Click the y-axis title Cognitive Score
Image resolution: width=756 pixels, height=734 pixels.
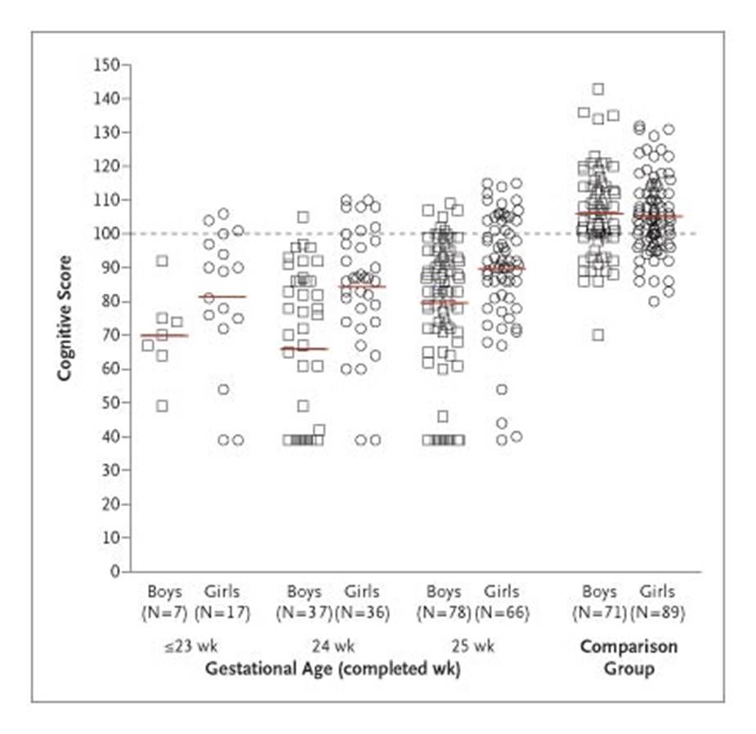[65, 317]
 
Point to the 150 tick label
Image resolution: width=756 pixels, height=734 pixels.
[106, 65]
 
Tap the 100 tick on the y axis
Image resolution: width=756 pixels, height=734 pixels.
[106, 234]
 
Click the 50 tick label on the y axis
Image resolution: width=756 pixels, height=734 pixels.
[110, 403]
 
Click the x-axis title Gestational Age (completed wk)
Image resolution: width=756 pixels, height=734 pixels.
[332, 669]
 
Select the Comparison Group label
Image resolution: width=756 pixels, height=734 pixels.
[629, 657]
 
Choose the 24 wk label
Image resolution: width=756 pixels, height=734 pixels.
[332, 647]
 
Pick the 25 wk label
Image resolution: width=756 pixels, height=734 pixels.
[472, 647]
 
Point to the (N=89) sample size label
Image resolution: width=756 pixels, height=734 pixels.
[657, 612]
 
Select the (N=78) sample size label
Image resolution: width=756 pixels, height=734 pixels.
[444, 612]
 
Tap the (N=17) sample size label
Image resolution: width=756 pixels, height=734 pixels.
[222, 612]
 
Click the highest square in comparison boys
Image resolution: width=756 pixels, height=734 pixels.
[598, 88]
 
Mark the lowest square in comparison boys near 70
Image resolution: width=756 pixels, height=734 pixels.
[598, 334]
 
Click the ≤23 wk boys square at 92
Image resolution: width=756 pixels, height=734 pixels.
[162, 261]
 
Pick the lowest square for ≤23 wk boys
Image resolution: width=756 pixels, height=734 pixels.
[162, 406]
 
